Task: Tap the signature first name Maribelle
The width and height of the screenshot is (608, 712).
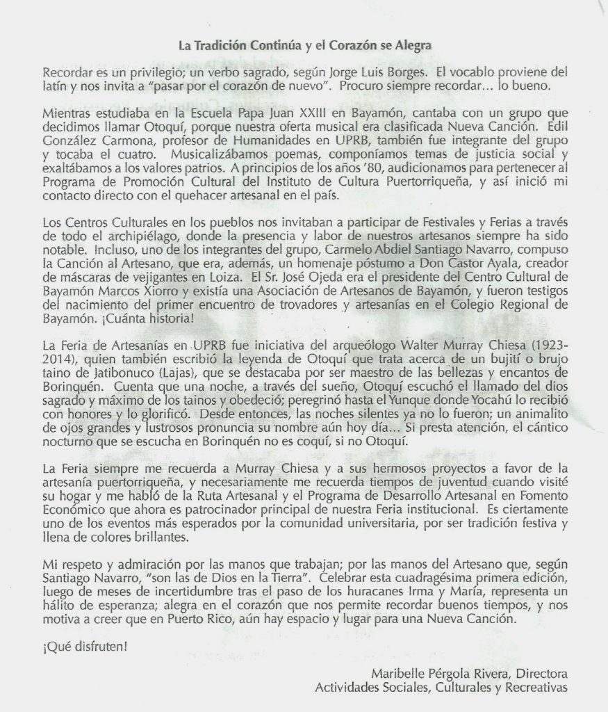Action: [x=396, y=674]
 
